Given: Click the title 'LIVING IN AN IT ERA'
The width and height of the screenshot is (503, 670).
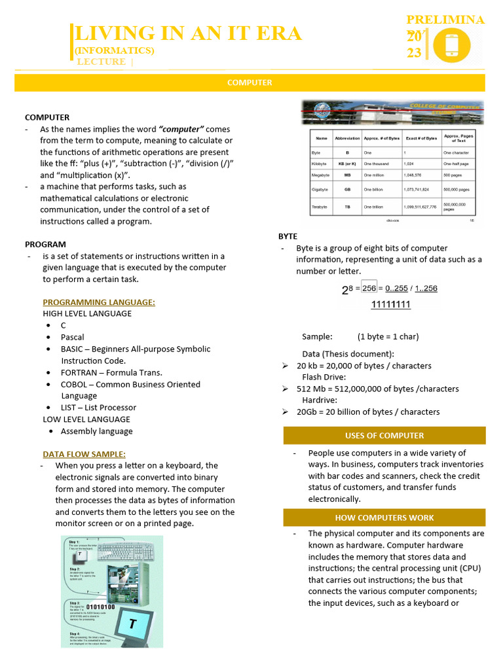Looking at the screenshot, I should [189, 33].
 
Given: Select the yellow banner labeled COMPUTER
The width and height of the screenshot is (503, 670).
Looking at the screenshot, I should [250, 83].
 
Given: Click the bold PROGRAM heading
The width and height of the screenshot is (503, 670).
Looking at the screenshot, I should [45, 244].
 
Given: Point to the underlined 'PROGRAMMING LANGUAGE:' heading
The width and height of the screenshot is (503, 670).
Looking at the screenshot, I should [99, 302].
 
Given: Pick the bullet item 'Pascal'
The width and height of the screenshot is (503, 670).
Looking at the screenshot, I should [73, 337].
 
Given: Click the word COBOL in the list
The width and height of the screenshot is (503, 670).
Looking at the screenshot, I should [74, 384].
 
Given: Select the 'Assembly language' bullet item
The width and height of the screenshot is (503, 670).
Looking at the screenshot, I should [97, 431].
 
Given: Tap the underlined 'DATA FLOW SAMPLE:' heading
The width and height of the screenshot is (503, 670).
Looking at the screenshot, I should [84, 454].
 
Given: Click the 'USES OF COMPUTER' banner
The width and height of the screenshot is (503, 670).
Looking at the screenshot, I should [384, 436].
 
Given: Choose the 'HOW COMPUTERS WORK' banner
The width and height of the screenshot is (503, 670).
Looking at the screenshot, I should [384, 518].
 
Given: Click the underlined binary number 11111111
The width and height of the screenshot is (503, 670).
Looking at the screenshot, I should [391, 304].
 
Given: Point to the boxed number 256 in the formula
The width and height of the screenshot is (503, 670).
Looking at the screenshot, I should [369, 288].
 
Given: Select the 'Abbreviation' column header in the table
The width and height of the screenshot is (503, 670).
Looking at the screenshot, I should [347, 139].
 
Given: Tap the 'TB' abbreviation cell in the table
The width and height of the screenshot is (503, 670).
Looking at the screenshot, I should [347, 207].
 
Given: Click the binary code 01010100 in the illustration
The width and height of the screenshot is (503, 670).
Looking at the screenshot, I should [101, 607].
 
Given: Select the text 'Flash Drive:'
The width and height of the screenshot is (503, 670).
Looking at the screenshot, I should [324, 378].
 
